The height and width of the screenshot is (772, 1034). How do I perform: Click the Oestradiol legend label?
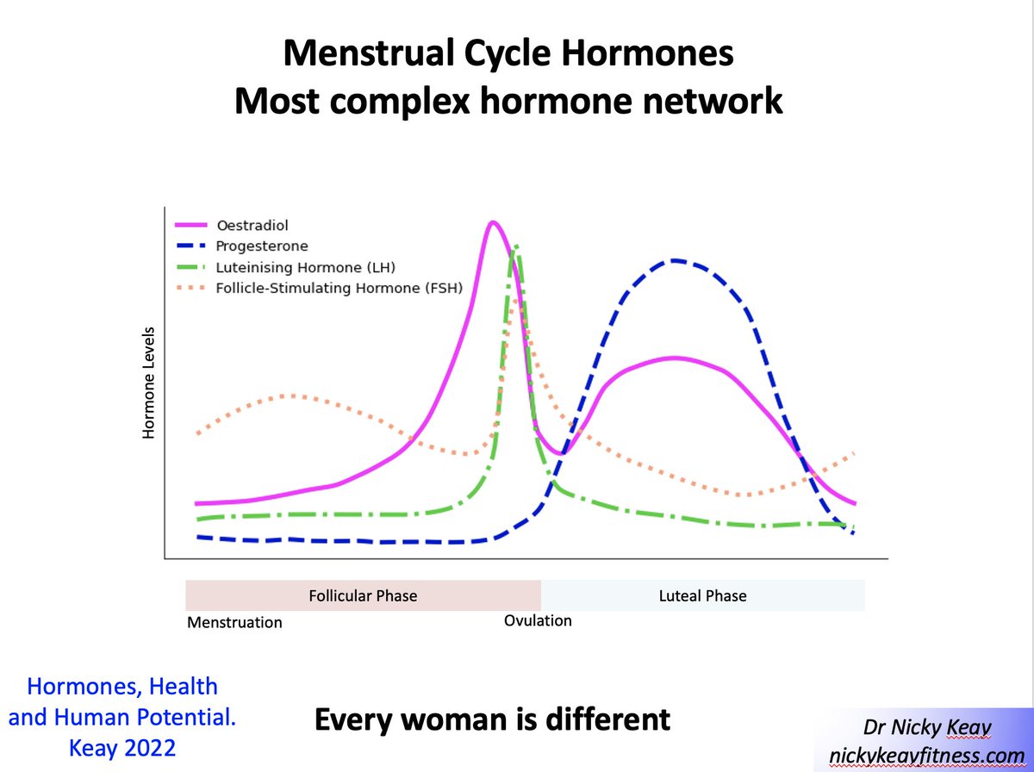tap(249, 226)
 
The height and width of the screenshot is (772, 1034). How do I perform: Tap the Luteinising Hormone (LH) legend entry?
tap(305, 267)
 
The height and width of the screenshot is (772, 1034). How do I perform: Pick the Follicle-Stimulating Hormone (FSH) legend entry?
tap(339, 288)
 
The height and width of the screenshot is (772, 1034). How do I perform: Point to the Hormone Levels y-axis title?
tap(148, 383)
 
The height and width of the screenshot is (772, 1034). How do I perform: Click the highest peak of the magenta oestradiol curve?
tap(492, 222)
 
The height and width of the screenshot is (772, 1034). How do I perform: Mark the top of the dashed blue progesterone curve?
tap(677, 259)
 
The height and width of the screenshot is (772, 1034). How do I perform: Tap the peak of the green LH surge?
tap(515, 246)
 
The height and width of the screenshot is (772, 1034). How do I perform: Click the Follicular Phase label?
tap(363, 595)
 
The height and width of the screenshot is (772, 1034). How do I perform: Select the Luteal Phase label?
tap(703, 595)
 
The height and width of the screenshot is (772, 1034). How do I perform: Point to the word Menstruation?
tap(234, 622)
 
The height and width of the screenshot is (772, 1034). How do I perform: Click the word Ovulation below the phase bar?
tap(538, 620)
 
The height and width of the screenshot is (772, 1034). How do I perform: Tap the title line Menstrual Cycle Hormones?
tap(508, 54)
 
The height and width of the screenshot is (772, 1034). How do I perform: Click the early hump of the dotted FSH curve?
tap(291, 395)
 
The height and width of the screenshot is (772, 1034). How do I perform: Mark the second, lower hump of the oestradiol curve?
tap(676, 358)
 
